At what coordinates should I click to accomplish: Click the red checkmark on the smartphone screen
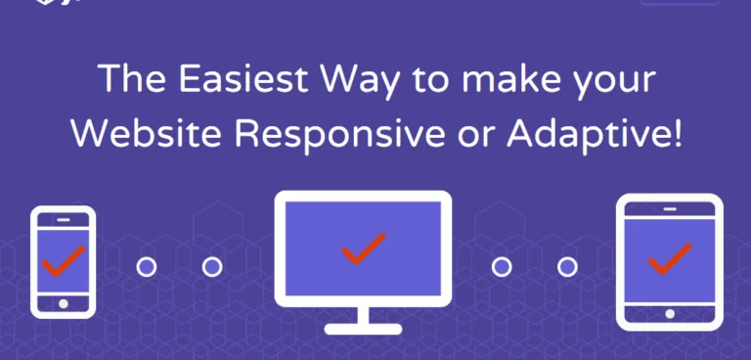63,260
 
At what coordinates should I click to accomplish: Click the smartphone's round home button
63,304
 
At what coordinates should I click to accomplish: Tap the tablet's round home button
669,314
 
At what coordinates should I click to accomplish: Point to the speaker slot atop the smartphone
63,221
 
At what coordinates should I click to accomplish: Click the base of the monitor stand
363,328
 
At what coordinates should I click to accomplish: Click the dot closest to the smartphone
146,266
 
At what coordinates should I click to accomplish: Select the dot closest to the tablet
566,266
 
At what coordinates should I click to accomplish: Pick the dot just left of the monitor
211,266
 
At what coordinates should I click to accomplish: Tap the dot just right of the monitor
502,266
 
